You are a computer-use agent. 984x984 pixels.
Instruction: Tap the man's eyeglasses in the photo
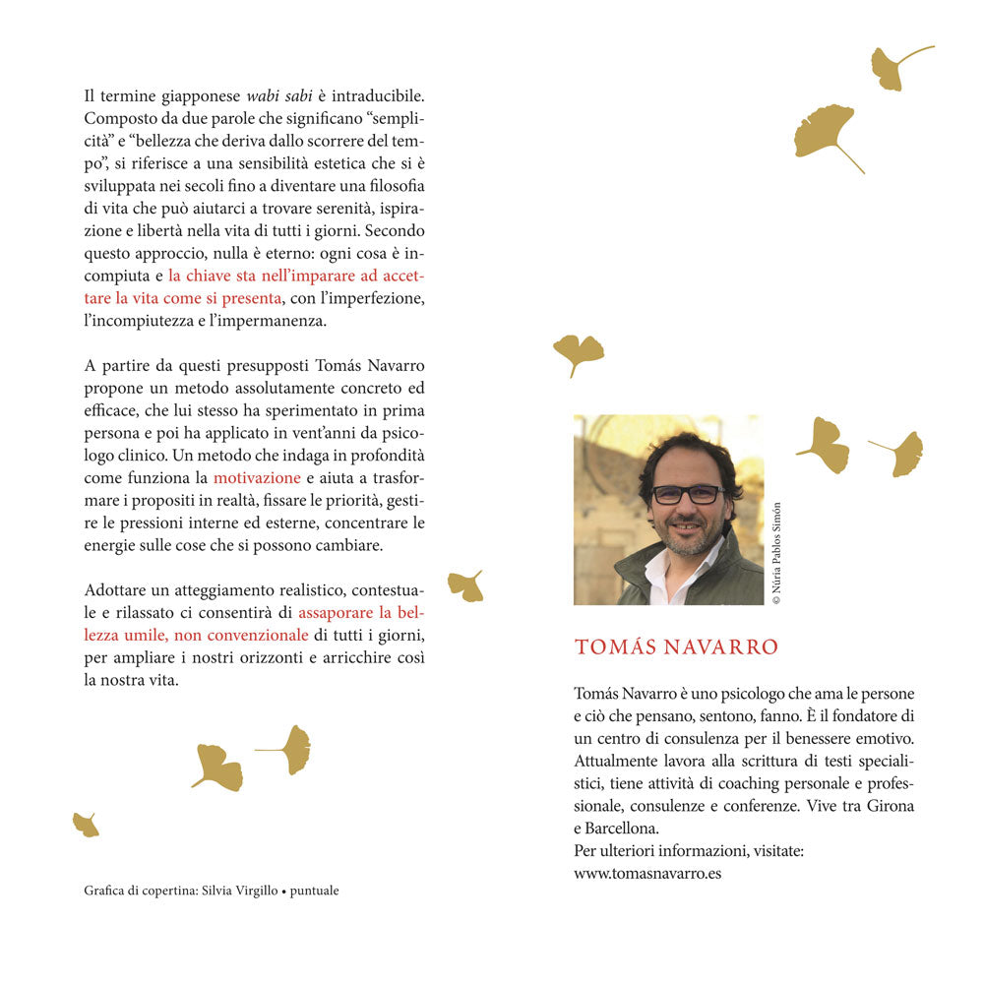coord(688,494)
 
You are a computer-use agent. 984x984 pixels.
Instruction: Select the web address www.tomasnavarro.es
coord(647,872)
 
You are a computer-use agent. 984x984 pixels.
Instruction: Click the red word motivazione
coord(257,477)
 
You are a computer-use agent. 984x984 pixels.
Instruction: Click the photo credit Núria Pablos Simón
coord(776,553)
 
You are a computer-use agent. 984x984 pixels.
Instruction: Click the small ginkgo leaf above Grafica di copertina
coord(86,825)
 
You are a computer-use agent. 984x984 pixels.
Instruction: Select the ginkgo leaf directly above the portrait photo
coord(579,352)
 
